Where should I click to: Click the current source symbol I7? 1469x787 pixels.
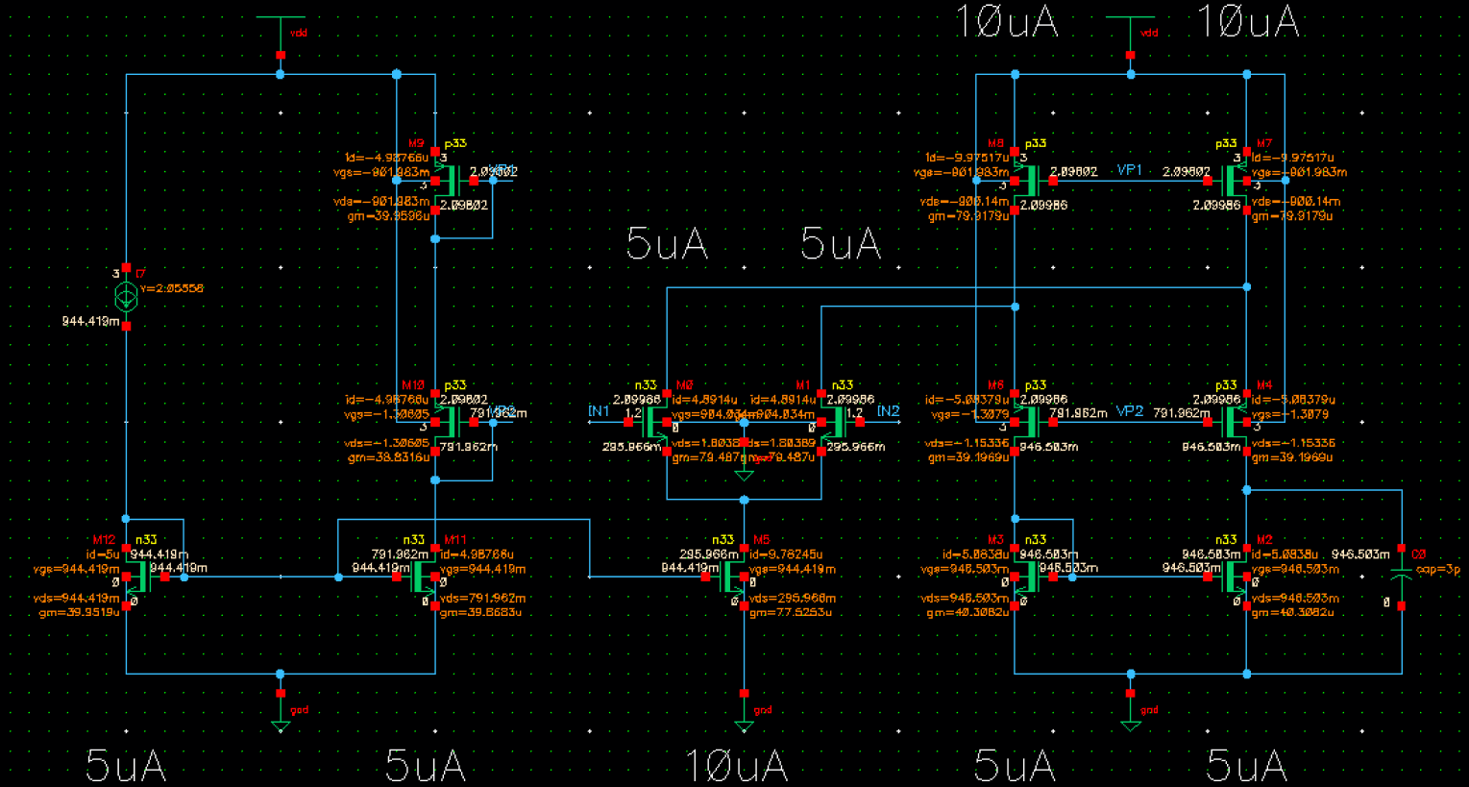126,297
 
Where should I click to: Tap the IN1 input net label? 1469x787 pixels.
599,411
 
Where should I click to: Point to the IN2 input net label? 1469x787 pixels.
888,411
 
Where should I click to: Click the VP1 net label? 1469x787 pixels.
1129,170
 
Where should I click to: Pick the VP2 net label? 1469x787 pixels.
1129,411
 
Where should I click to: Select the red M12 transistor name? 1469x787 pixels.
104,540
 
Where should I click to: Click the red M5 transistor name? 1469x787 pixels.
761,540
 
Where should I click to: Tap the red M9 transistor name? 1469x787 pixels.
416,144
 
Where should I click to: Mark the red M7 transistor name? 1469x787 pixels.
1263,144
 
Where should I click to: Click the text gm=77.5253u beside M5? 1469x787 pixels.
791,612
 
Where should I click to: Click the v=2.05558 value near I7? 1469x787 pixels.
171,288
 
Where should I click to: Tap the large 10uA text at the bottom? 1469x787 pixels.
736,766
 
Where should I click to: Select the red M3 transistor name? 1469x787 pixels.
995,540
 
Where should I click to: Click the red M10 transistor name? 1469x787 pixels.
413,385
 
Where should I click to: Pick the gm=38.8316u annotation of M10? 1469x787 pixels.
388,457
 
